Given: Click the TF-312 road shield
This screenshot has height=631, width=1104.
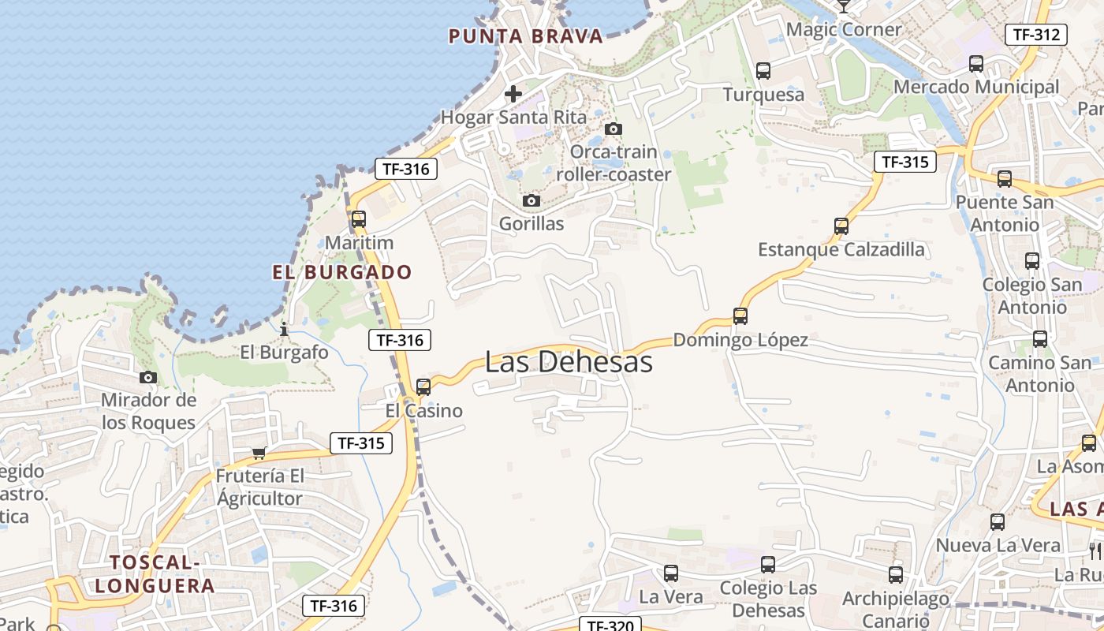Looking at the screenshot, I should tap(1035, 34).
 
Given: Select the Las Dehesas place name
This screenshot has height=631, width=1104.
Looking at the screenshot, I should tap(569, 362).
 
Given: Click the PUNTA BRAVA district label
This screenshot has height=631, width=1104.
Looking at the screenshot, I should tap(525, 36).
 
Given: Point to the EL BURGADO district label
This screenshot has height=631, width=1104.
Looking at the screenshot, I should tap(342, 273).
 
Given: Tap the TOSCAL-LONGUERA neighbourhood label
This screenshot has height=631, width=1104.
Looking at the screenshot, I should tap(162, 573).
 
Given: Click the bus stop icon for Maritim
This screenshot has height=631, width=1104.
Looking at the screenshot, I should tap(359, 219).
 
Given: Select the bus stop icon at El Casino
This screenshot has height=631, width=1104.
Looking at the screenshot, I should tap(423, 386).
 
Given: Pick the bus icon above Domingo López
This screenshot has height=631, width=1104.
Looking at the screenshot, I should tap(740, 315).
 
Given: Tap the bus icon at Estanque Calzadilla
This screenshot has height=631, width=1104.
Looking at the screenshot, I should tap(841, 226).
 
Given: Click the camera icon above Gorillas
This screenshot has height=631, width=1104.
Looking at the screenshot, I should tap(531, 200).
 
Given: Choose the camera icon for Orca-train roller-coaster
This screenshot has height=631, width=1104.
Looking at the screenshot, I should tap(613, 129).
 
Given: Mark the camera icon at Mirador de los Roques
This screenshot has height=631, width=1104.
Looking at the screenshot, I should tap(147, 377).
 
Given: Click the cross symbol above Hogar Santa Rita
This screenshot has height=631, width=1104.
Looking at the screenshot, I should tap(513, 94).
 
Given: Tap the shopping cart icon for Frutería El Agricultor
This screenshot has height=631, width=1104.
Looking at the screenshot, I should tap(259, 453).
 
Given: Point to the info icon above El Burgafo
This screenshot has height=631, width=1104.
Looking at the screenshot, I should tap(284, 328).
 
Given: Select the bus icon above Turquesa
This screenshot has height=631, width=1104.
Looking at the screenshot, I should tap(763, 70).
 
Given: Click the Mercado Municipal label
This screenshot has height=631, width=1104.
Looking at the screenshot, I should tap(976, 87).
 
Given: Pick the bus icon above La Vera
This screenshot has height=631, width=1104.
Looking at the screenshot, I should tap(671, 573).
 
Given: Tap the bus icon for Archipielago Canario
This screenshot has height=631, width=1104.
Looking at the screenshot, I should tap(895, 574).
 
